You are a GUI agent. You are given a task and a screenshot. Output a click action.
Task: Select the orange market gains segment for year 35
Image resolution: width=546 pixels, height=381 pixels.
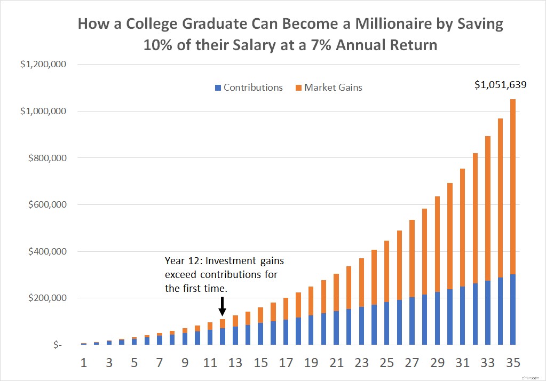[x=512, y=187]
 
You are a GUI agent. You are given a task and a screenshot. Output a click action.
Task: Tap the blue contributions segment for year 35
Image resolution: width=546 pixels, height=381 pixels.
[x=512, y=309]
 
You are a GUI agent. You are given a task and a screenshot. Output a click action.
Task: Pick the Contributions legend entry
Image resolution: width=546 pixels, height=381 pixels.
[x=249, y=88]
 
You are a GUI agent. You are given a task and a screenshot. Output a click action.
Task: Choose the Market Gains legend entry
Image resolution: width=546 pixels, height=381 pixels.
[x=329, y=88]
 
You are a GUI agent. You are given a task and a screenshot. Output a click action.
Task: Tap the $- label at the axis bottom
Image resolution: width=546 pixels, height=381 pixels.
[x=56, y=345]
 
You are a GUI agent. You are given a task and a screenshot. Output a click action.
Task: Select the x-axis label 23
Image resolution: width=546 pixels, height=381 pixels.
[x=361, y=363]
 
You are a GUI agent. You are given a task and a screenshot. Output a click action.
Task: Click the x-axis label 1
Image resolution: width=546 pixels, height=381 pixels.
[x=84, y=363]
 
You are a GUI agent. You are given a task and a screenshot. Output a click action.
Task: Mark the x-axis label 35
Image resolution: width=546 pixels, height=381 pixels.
[x=512, y=363]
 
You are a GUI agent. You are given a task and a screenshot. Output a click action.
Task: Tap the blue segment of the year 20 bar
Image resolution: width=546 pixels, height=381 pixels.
[x=323, y=329]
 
